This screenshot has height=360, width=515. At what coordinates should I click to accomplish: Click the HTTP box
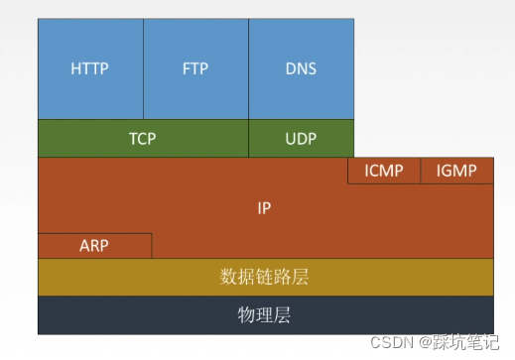tap(90, 68)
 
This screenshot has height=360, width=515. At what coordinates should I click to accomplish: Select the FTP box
tap(195, 68)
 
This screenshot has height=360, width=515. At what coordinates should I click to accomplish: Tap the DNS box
tap(301, 68)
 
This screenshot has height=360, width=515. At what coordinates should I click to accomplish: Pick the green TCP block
tap(143, 139)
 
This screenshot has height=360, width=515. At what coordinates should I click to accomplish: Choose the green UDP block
tap(301, 139)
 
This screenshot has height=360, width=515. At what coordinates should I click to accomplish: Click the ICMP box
tap(384, 171)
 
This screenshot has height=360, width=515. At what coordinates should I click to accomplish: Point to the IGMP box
tap(456, 171)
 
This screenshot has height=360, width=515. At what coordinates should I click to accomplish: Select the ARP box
tap(94, 245)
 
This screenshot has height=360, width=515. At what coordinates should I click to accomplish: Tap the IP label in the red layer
tap(264, 208)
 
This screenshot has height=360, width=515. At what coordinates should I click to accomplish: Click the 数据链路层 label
tap(264, 277)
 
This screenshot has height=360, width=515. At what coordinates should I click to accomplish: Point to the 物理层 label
tap(264, 315)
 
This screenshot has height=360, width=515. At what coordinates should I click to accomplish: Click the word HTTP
tap(90, 69)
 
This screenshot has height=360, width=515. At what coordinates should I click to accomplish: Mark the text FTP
tap(195, 69)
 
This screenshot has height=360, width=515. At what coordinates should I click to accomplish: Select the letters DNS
tap(301, 69)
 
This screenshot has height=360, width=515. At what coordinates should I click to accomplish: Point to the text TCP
tap(143, 139)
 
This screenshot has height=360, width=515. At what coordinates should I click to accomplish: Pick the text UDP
tap(301, 139)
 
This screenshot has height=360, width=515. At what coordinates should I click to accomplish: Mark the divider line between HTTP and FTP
tap(143, 68)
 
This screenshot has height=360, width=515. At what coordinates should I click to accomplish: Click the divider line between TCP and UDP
tap(248, 139)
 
